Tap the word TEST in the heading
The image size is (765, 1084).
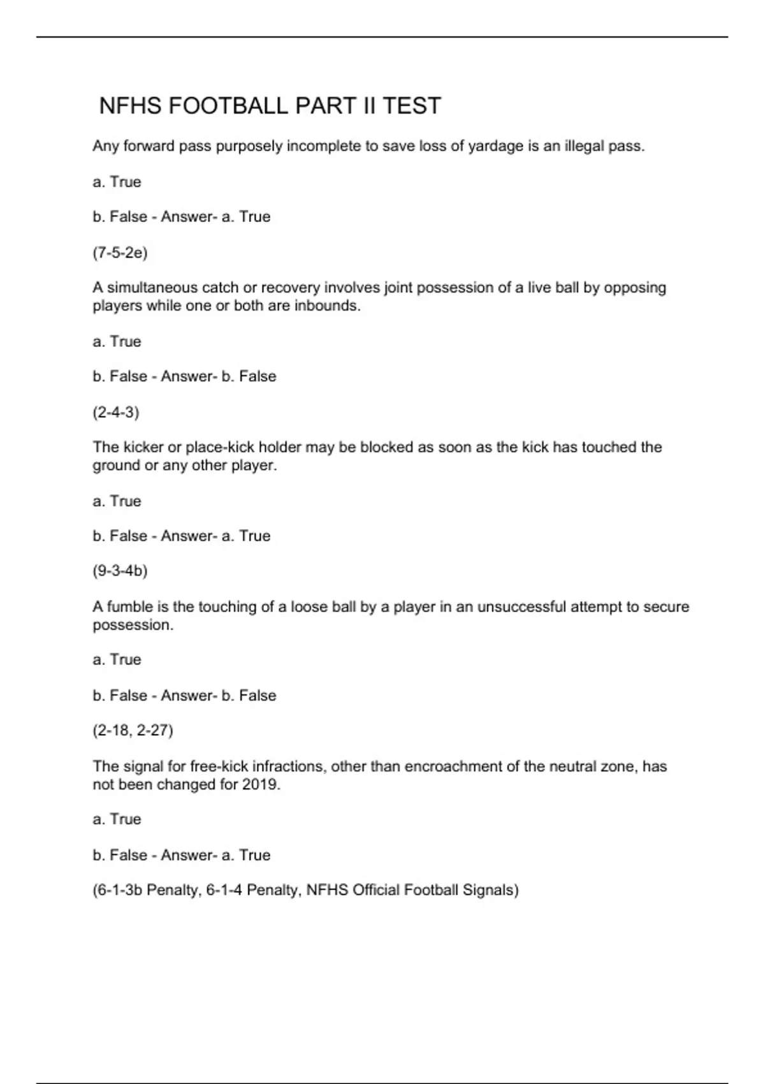(411, 106)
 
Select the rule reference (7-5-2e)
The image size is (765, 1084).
(120, 253)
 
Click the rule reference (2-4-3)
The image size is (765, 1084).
(115, 412)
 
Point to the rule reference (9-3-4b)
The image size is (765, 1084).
(120, 571)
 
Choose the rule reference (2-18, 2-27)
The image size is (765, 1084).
(133, 730)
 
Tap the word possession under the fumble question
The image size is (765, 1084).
(133, 625)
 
